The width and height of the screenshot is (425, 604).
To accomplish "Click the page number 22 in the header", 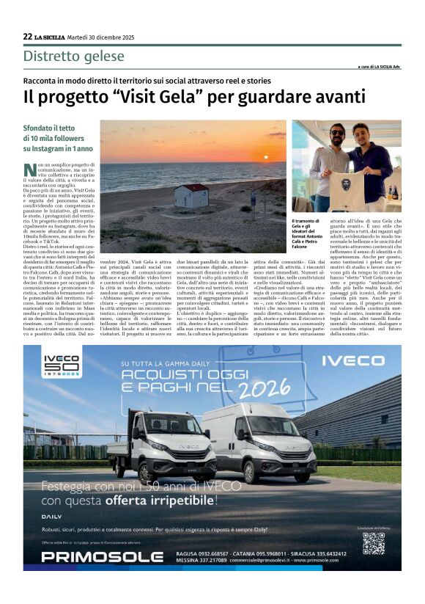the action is (x=27, y=37).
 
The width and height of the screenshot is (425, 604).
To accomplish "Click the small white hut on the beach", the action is (x=191, y=195).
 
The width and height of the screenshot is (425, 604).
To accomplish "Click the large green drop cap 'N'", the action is (x=29, y=170).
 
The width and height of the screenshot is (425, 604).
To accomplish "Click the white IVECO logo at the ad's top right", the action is (x=355, y=362).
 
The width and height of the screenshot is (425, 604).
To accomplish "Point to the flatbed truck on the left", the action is (x=160, y=444).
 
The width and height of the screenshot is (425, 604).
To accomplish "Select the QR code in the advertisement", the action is (x=373, y=542).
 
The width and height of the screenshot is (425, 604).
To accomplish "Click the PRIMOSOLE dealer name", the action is (x=102, y=556).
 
